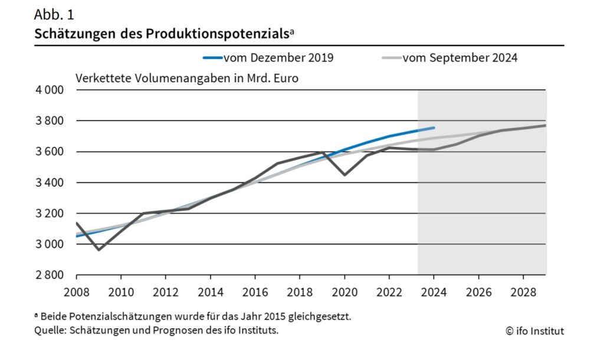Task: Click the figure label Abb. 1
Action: click(54, 14)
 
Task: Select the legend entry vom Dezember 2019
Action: click(278, 58)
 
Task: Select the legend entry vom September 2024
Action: click(460, 58)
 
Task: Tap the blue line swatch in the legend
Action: click(212, 58)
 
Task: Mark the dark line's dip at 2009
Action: click(99, 250)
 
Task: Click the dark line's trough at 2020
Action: click(344, 175)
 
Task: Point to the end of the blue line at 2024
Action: click(434, 127)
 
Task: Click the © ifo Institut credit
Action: click(534, 331)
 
